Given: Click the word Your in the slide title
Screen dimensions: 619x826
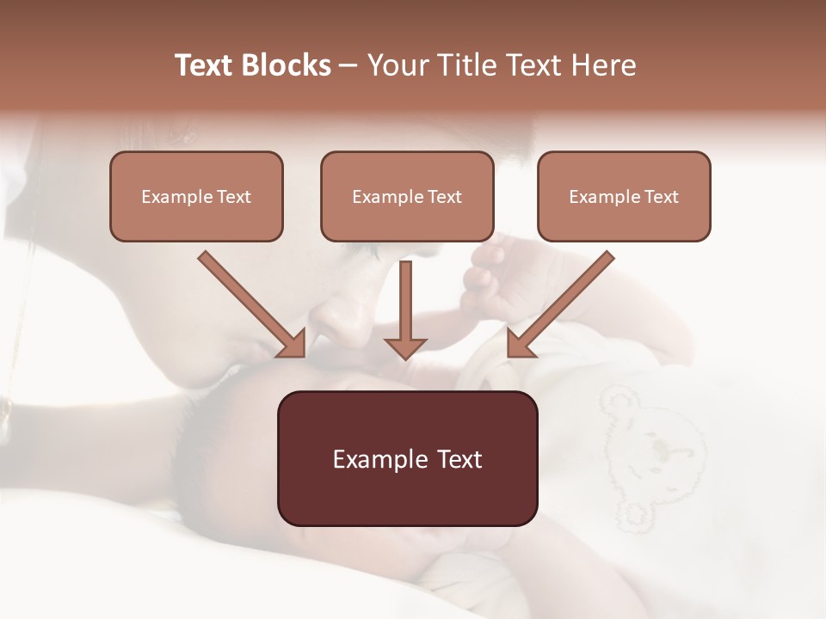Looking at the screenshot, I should point(397,65).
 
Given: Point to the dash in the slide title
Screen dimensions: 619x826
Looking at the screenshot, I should point(348,66).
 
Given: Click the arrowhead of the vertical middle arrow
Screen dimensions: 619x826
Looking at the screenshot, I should point(405,346).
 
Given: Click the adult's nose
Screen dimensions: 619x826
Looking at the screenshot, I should point(340,322).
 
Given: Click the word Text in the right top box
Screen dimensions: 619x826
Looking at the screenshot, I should point(662,197).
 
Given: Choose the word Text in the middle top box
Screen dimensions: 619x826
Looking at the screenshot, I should point(445,197).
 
